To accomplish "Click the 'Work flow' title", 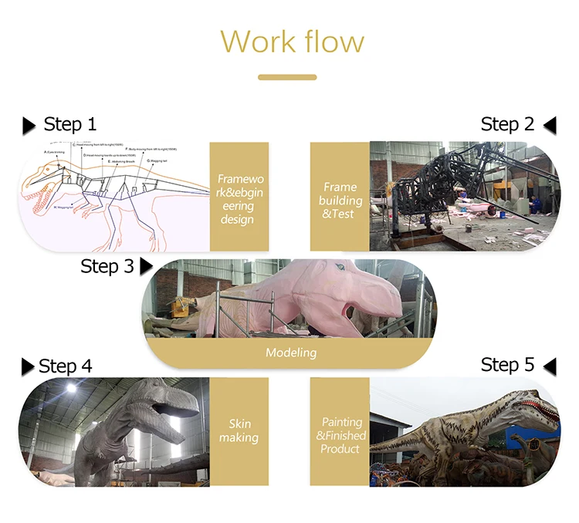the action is click(x=292, y=41).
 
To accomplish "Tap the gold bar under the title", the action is click(x=287, y=77).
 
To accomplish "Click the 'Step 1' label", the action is click(x=70, y=124).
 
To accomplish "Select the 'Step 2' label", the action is click(x=507, y=124).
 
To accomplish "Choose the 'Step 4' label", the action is click(x=65, y=366).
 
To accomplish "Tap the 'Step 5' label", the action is click(x=507, y=365).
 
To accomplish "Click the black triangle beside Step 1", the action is click(x=29, y=125).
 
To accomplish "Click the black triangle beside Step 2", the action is click(x=550, y=125).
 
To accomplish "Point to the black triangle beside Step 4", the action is click(x=28, y=366).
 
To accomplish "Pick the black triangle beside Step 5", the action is click(x=550, y=366).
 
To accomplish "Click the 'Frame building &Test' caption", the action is click(x=340, y=200).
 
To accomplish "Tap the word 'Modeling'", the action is click(x=291, y=353).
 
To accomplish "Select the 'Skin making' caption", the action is click(x=239, y=430).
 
